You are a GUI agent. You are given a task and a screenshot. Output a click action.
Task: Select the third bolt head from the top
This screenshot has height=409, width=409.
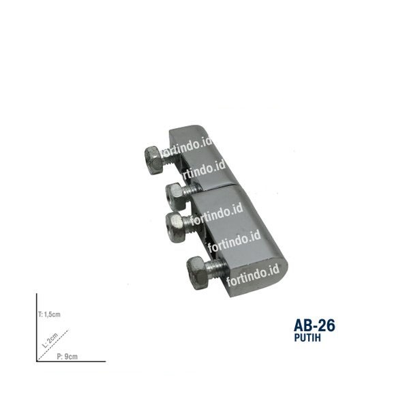[176, 223]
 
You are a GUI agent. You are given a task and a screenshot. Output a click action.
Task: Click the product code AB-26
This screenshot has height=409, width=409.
[314, 325]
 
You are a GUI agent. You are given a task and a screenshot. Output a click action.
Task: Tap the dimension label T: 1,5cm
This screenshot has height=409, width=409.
[50, 315]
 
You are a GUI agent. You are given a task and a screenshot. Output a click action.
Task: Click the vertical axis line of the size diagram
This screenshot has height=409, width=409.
[37, 327]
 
